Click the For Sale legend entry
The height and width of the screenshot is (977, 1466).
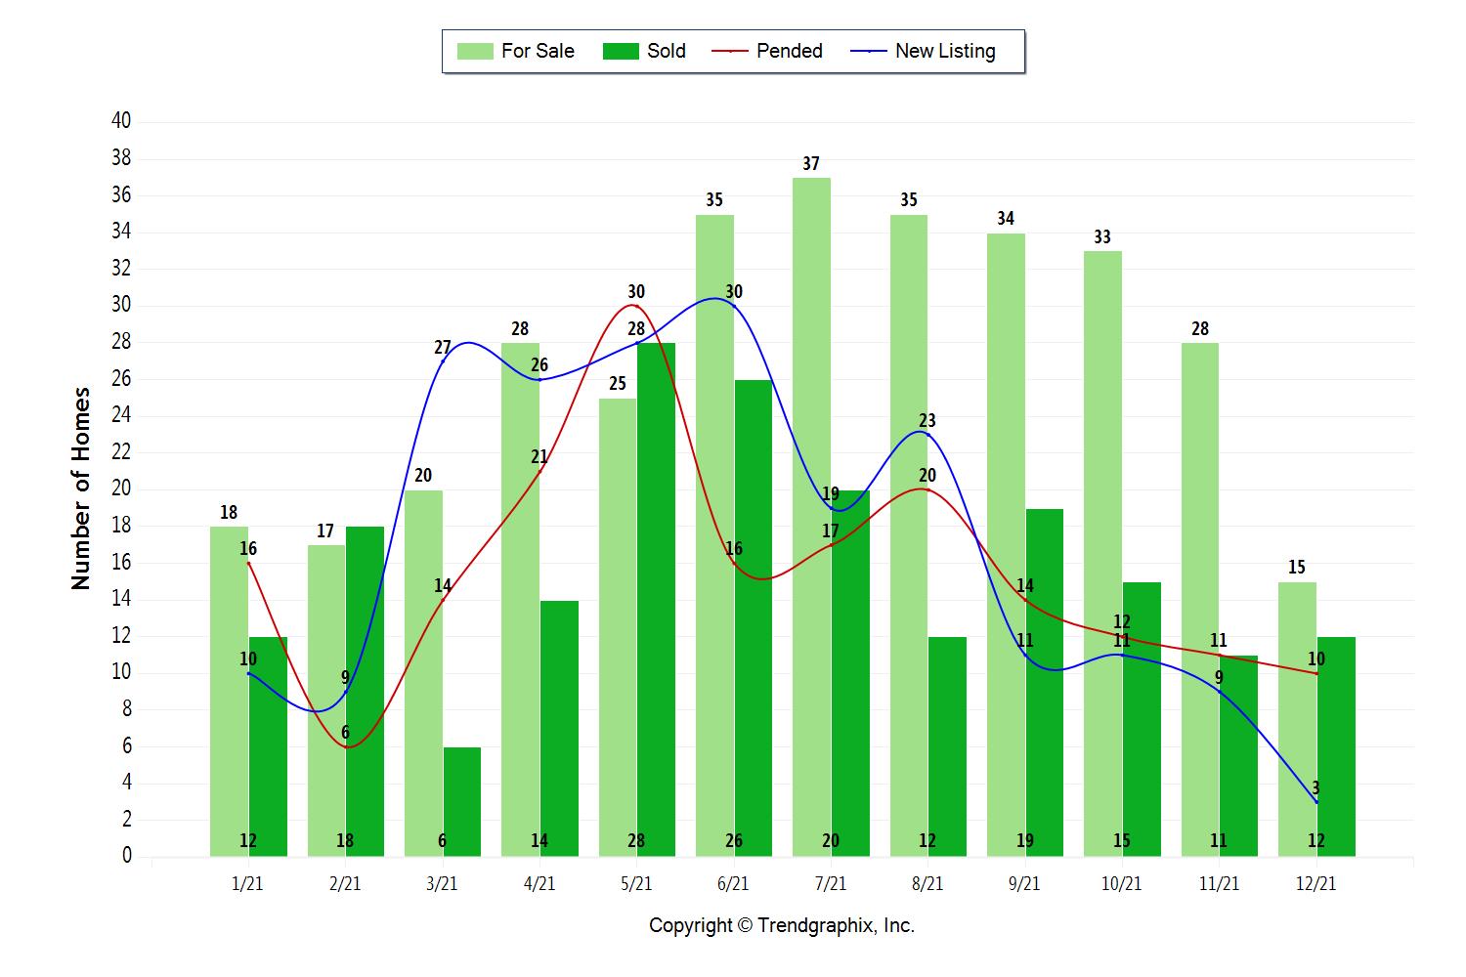516,51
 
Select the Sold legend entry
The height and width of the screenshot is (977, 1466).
645,51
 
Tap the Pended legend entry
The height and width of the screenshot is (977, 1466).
768,51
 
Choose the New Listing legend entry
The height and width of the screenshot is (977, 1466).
924,51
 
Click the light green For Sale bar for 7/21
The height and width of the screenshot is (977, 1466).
811,518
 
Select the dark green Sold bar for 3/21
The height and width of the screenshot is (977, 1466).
462,801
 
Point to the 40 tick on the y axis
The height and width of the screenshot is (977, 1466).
121,121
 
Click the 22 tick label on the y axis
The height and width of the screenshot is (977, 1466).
121,452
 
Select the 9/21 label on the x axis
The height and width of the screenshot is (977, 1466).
1024,884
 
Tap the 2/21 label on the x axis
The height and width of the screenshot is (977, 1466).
345,884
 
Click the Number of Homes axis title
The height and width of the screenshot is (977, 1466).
81,488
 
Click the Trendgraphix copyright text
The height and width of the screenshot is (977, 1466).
782,926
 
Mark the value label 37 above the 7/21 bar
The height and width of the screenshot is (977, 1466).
811,164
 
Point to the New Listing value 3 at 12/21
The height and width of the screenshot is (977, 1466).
1315,787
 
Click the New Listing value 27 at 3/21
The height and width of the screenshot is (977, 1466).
442,348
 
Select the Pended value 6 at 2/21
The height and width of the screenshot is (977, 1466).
345,733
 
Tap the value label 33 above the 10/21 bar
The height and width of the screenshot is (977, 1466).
1102,237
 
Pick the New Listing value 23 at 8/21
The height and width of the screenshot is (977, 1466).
927,421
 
